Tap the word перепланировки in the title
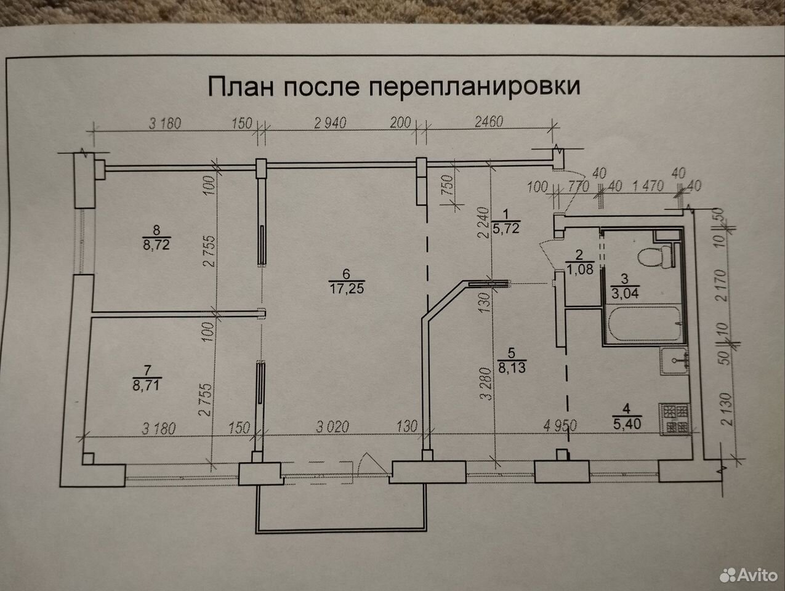tap(474, 87)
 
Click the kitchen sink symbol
tap(675, 361)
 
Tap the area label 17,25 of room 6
tap(347, 289)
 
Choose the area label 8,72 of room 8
tap(156, 244)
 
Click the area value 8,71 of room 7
tap(146, 385)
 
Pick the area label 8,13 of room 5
tap(512, 368)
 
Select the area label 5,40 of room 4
tap(627, 424)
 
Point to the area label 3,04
tap(625, 293)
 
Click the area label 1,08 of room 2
tap(580, 269)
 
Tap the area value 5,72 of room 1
tap(505, 228)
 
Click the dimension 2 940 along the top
tap(330, 123)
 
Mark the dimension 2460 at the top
tap(489, 122)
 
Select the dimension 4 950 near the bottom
tap(560, 425)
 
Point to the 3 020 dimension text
tap(332, 427)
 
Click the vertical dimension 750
tap(448, 185)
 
